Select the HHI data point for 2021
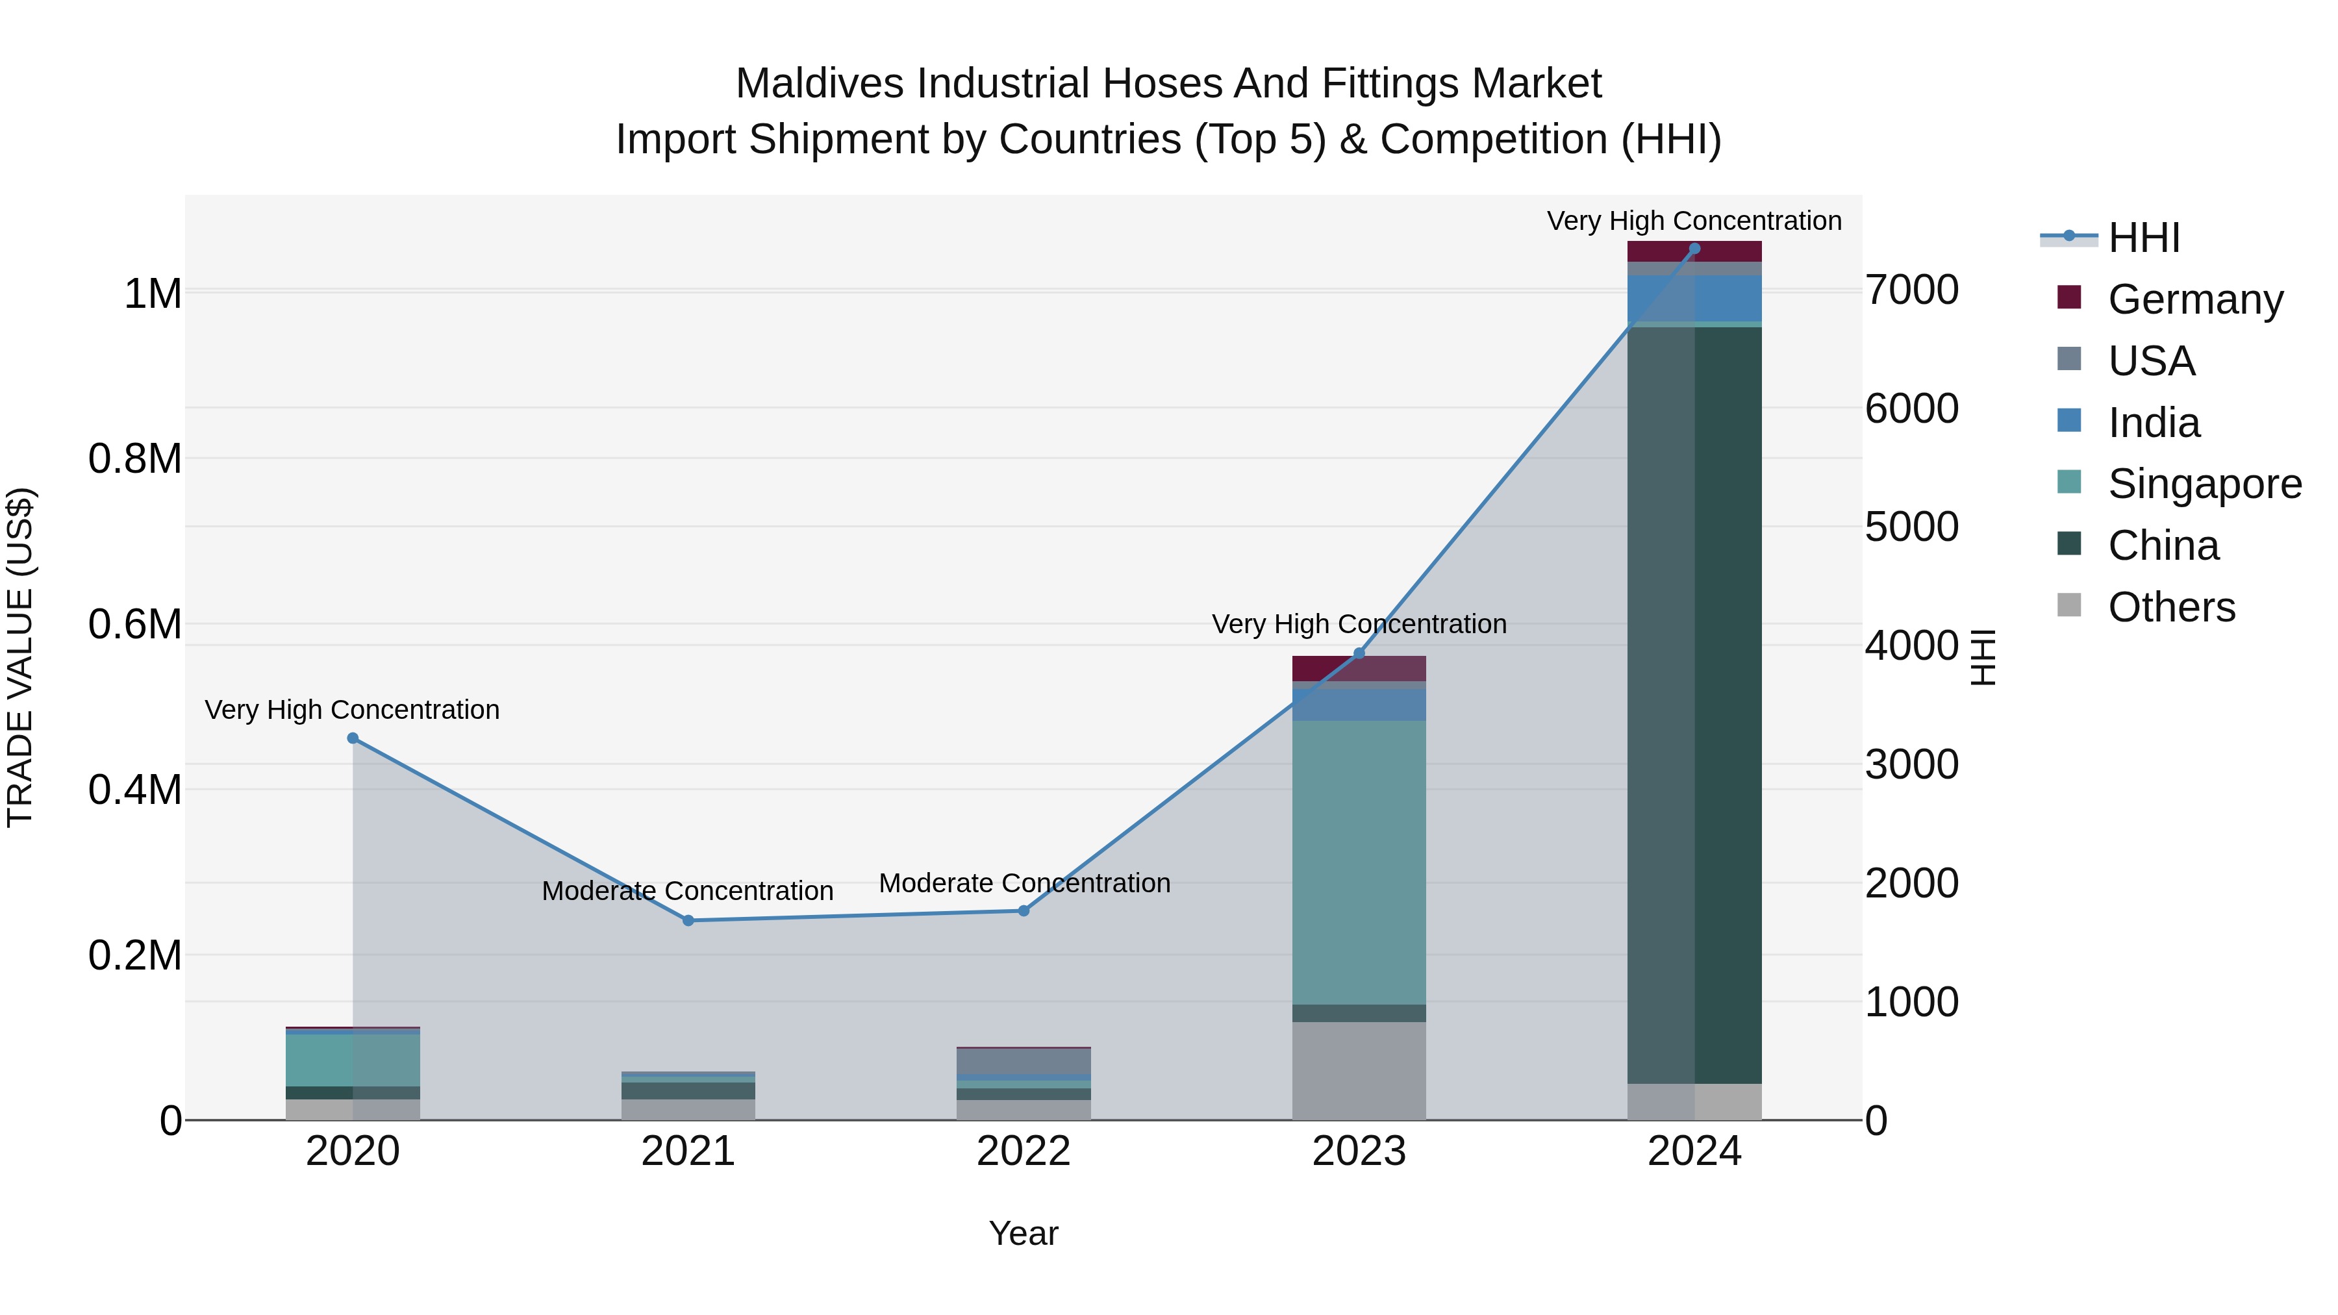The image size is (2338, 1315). click(x=688, y=921)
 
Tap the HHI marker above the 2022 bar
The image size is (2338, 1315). click(x=1024, y=911)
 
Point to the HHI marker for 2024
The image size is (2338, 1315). click(x=1694, y=249)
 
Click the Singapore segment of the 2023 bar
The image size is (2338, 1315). click(x=1359, y=862)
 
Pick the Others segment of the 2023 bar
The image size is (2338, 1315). click(x=1359, y=1071)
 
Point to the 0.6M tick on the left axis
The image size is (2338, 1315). click(x=135, y=624)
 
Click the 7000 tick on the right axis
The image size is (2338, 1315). click(x=1911, y=290)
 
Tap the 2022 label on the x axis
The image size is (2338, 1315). click(x=1024, y=1151)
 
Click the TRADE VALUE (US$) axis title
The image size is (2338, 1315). click(x=20, y=657)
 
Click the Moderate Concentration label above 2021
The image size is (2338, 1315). click(x=687, y=891)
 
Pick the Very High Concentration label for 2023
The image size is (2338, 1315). click(x=1359, y=624)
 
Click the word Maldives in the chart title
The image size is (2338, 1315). click(x=820, y=84)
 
